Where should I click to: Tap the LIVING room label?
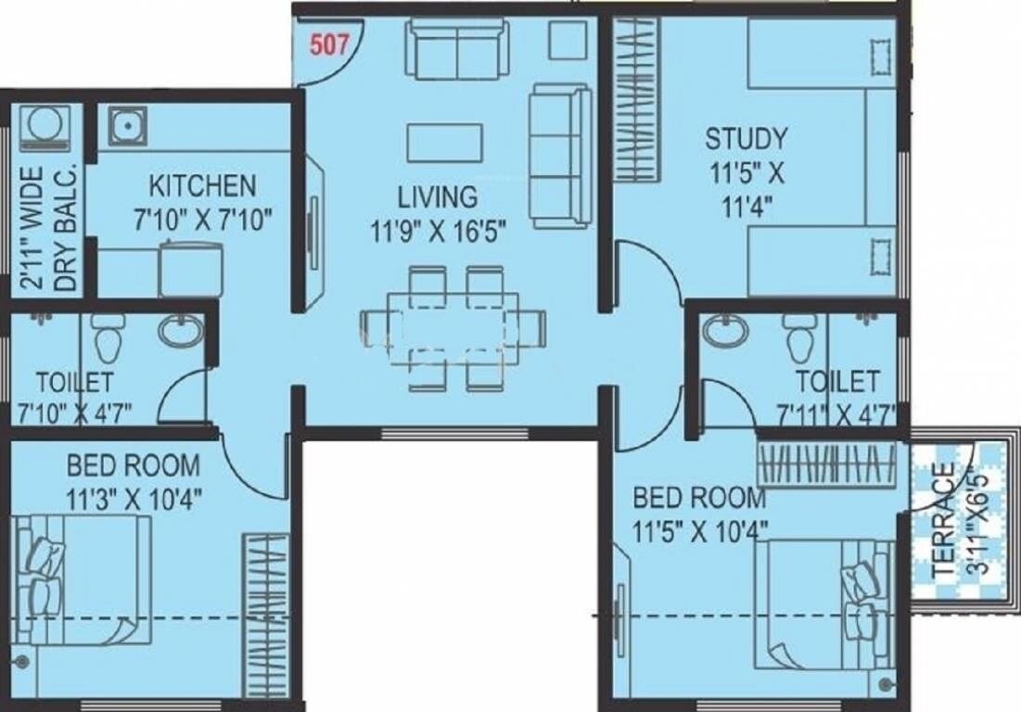point(438,197)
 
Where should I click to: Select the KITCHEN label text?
point(203,185)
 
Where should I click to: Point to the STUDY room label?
point(746,140)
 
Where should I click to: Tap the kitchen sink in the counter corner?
point(126,126)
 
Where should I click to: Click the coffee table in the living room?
point(444,142)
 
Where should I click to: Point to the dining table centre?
point(452,325)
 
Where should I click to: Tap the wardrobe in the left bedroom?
point(266,613)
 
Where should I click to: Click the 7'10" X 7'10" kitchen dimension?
point(203,220)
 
